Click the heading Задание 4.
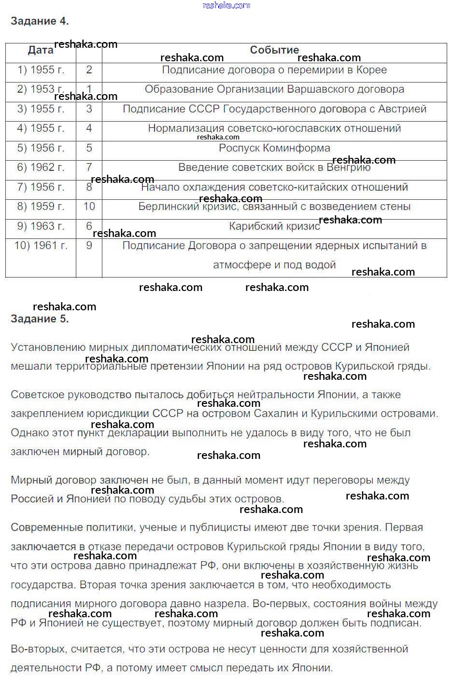[x=40, y=21]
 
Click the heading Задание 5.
[x=40, y=319]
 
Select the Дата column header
[x=41, y=50]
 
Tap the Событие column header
[x=274, y=50]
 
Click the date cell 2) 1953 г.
[x=41, y=89]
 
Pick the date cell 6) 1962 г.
[x=41, y=167]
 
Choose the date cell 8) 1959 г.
[x=41, y=207]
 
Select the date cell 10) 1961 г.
[x=41, y=246]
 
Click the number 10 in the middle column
[x=89, y=207]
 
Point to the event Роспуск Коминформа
[x=274, y=148]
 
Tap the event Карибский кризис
[x=274, y=226]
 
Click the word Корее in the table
[x=371, y=70]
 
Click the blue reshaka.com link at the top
[x=226, y=5]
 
